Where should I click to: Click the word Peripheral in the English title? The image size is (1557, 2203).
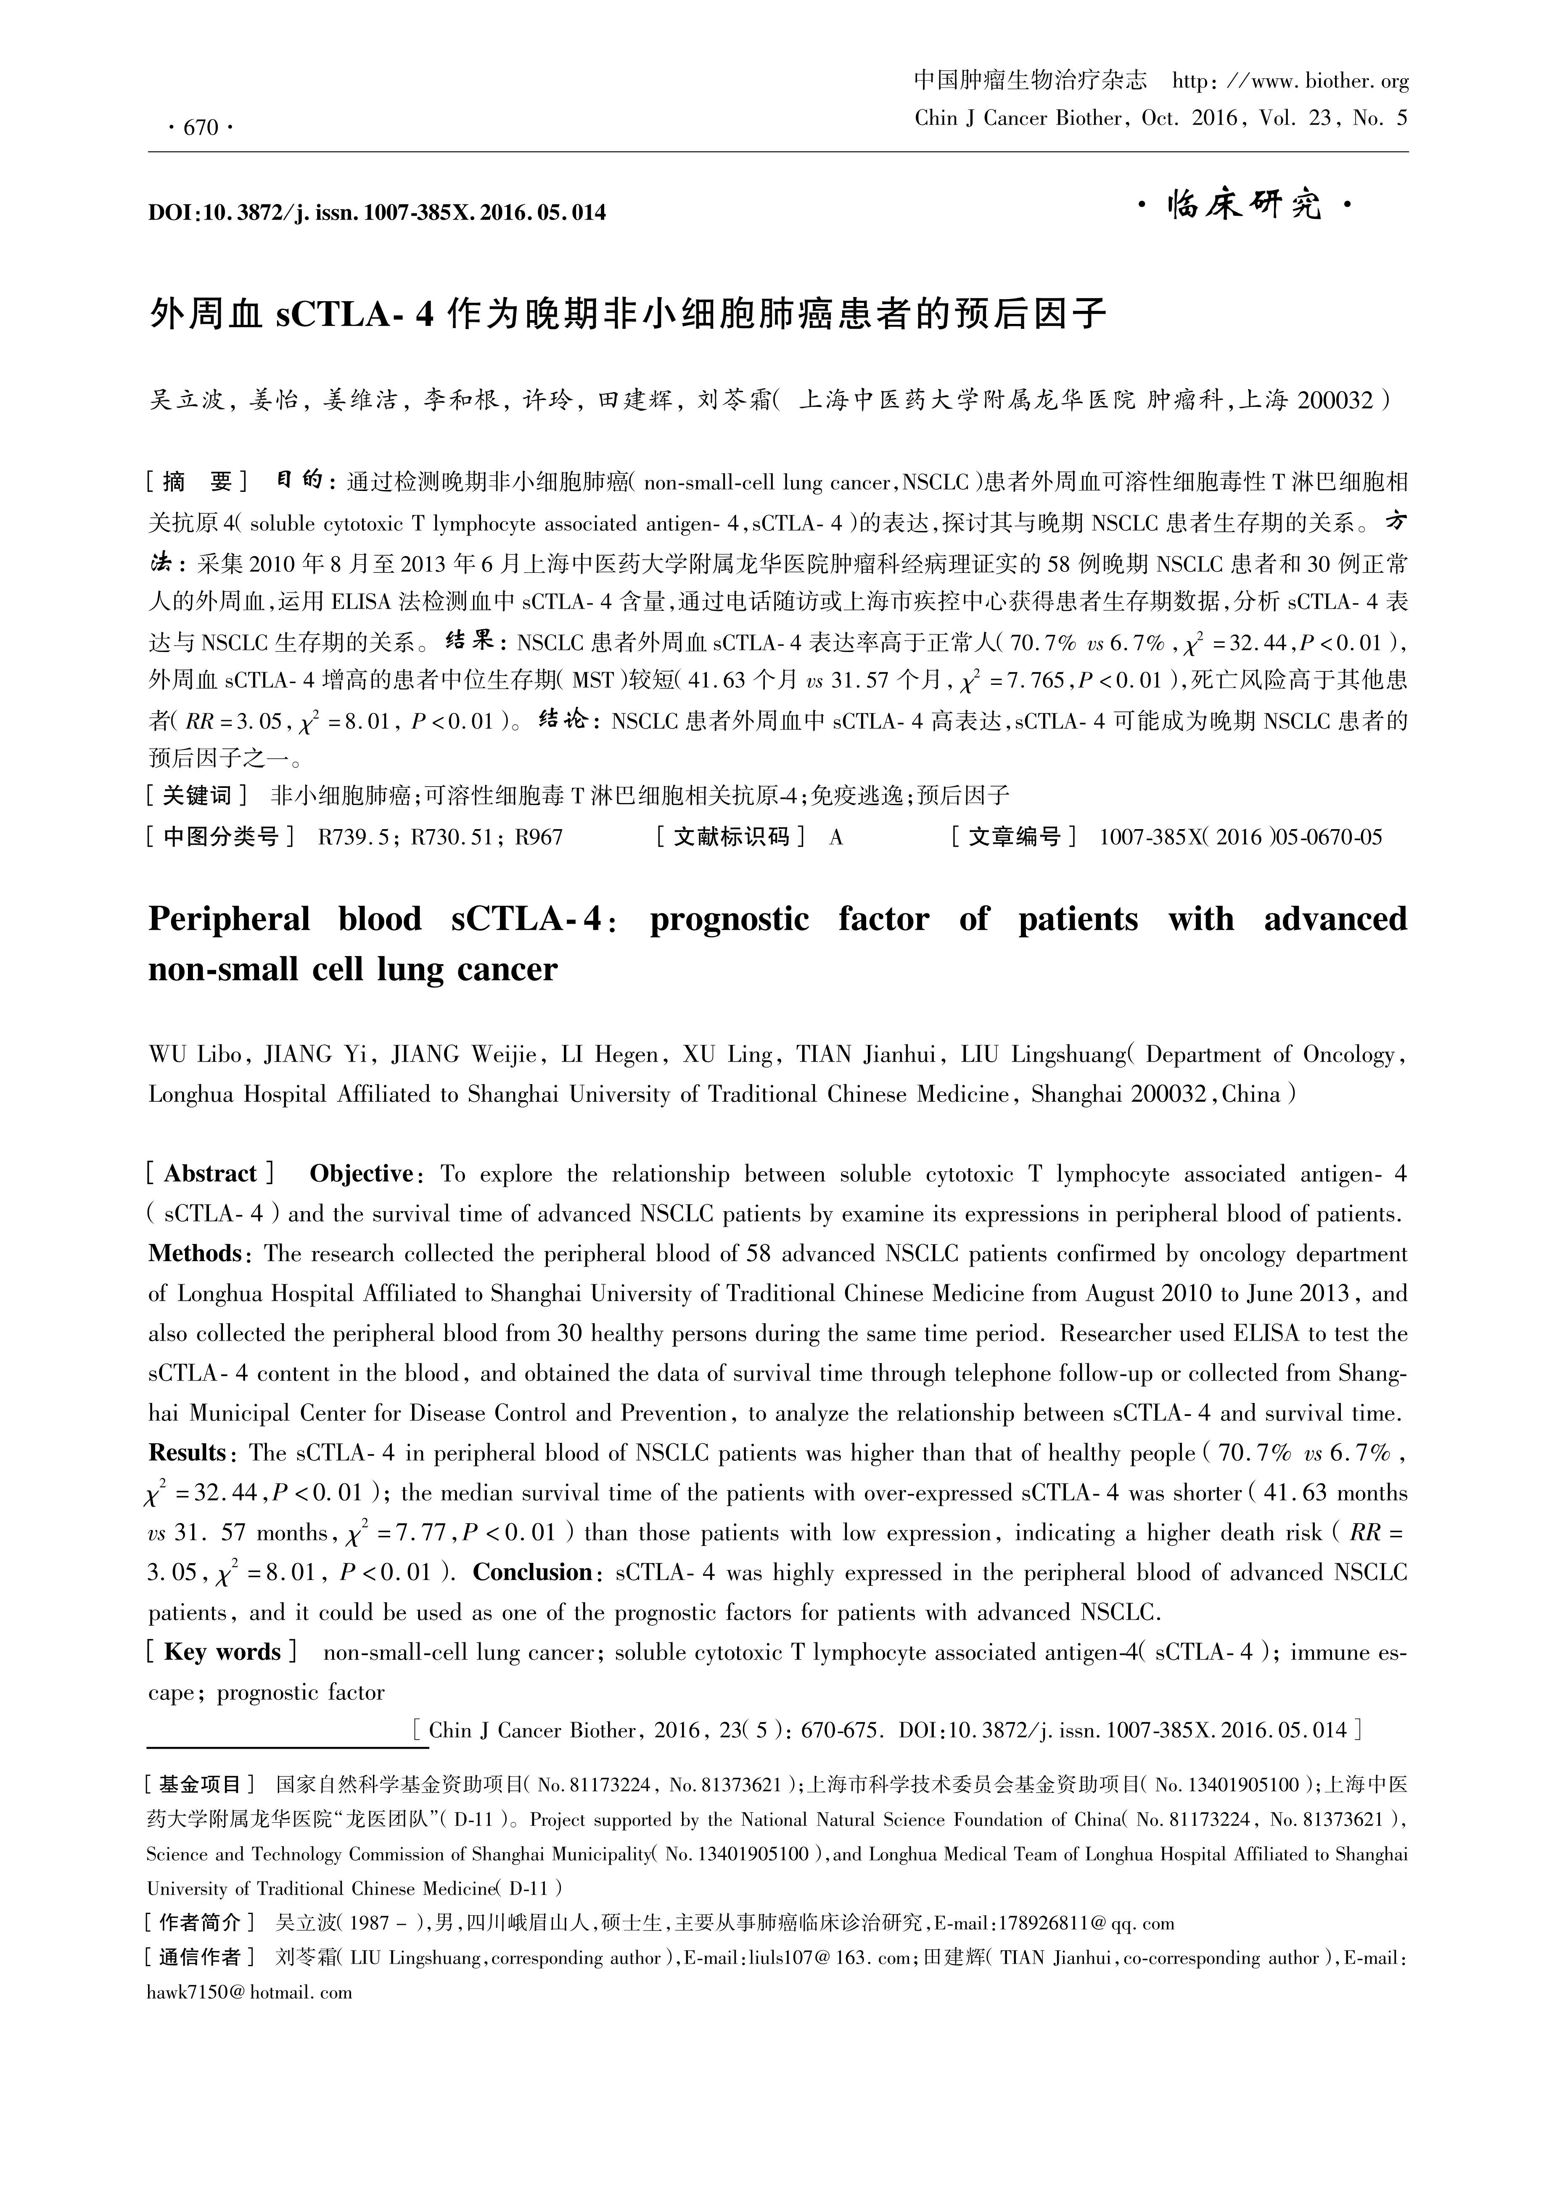(x=229, y=919)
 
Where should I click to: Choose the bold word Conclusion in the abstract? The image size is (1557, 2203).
(x=534, y=1572)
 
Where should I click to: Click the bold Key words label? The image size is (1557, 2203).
(x=222, y=1652)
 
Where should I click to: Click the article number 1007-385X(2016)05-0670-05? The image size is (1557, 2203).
(x=1240, y=837)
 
